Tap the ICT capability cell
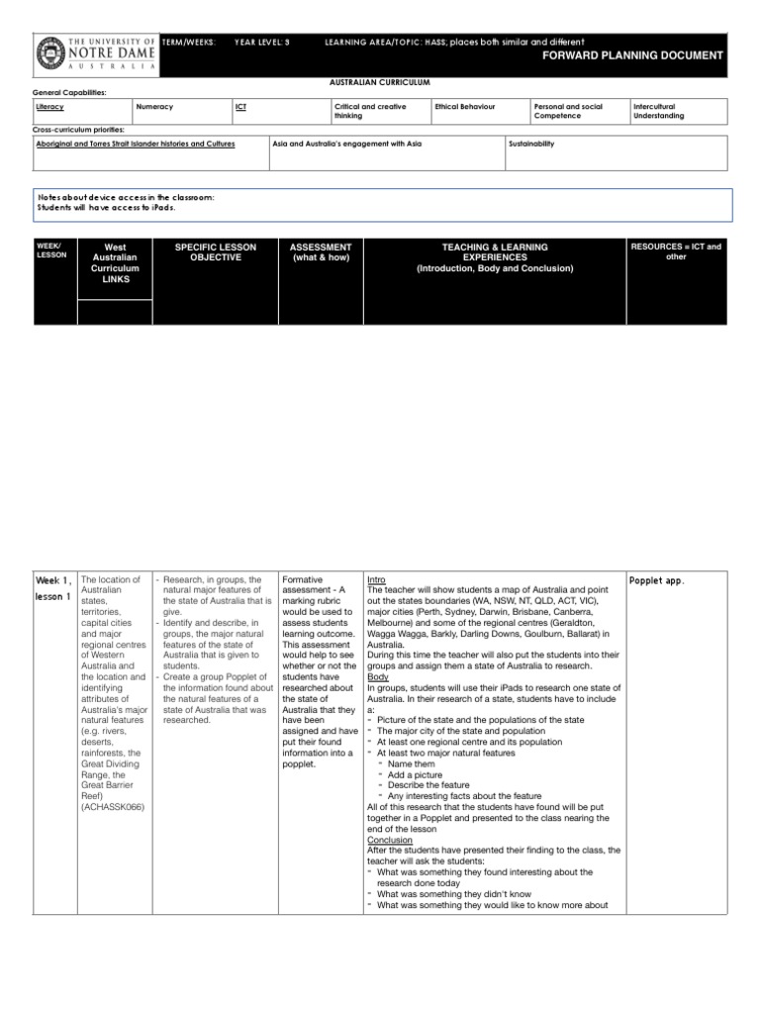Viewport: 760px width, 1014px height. (240, 105)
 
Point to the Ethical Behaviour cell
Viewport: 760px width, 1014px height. (465, 105)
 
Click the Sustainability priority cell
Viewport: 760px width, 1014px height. (531, 144)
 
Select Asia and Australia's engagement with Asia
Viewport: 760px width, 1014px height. (347, 144)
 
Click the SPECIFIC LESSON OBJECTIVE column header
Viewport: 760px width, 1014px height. (215, 252)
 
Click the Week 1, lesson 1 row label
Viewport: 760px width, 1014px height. (53, 588)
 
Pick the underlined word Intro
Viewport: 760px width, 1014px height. (377, 579)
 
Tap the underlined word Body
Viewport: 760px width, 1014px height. (377, 676)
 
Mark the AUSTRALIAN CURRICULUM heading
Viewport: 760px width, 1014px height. (380, 83)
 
